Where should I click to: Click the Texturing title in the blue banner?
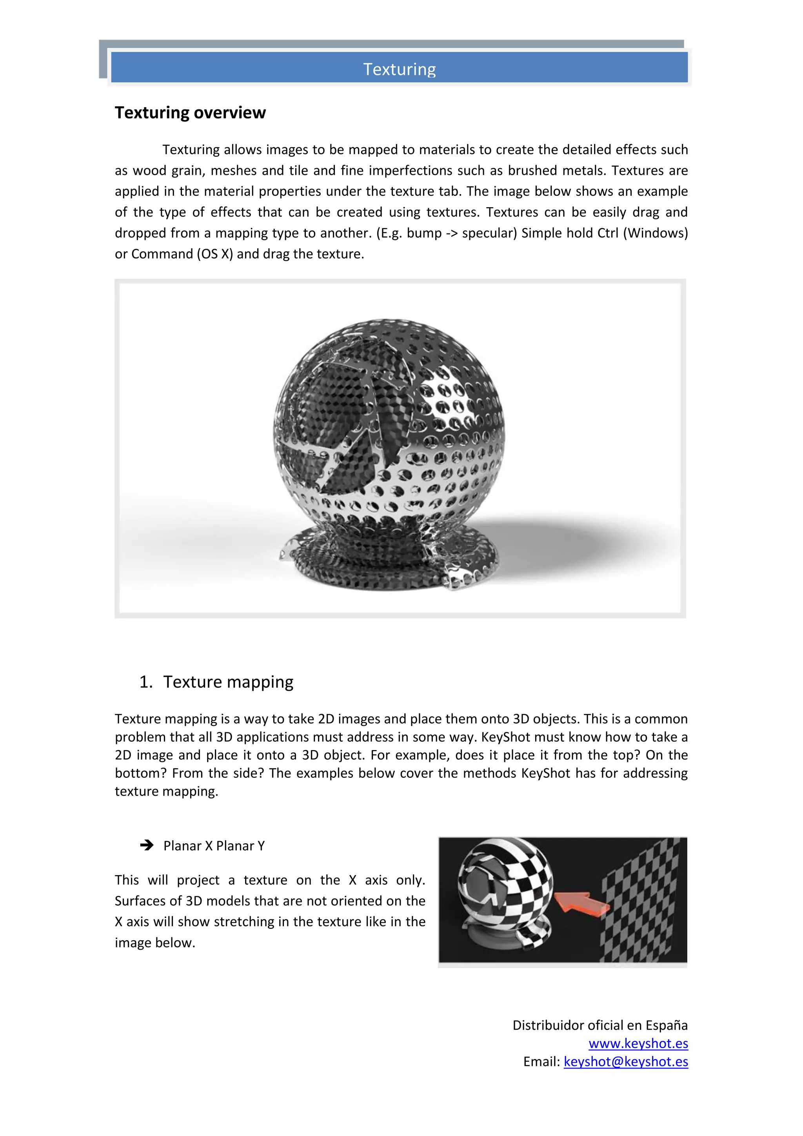tap(400, 69)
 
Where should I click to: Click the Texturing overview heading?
tap(191, 113)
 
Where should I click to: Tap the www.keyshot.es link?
tap(638, 1043)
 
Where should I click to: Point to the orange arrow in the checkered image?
tap(581, 902)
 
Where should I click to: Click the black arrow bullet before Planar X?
tap(146, 846)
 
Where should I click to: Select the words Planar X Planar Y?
tap(214, 846)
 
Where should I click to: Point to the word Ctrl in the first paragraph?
tap(608, 233)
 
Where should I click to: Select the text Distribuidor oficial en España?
tap(600, 1025)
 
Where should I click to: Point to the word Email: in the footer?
tap(541, 1062)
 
